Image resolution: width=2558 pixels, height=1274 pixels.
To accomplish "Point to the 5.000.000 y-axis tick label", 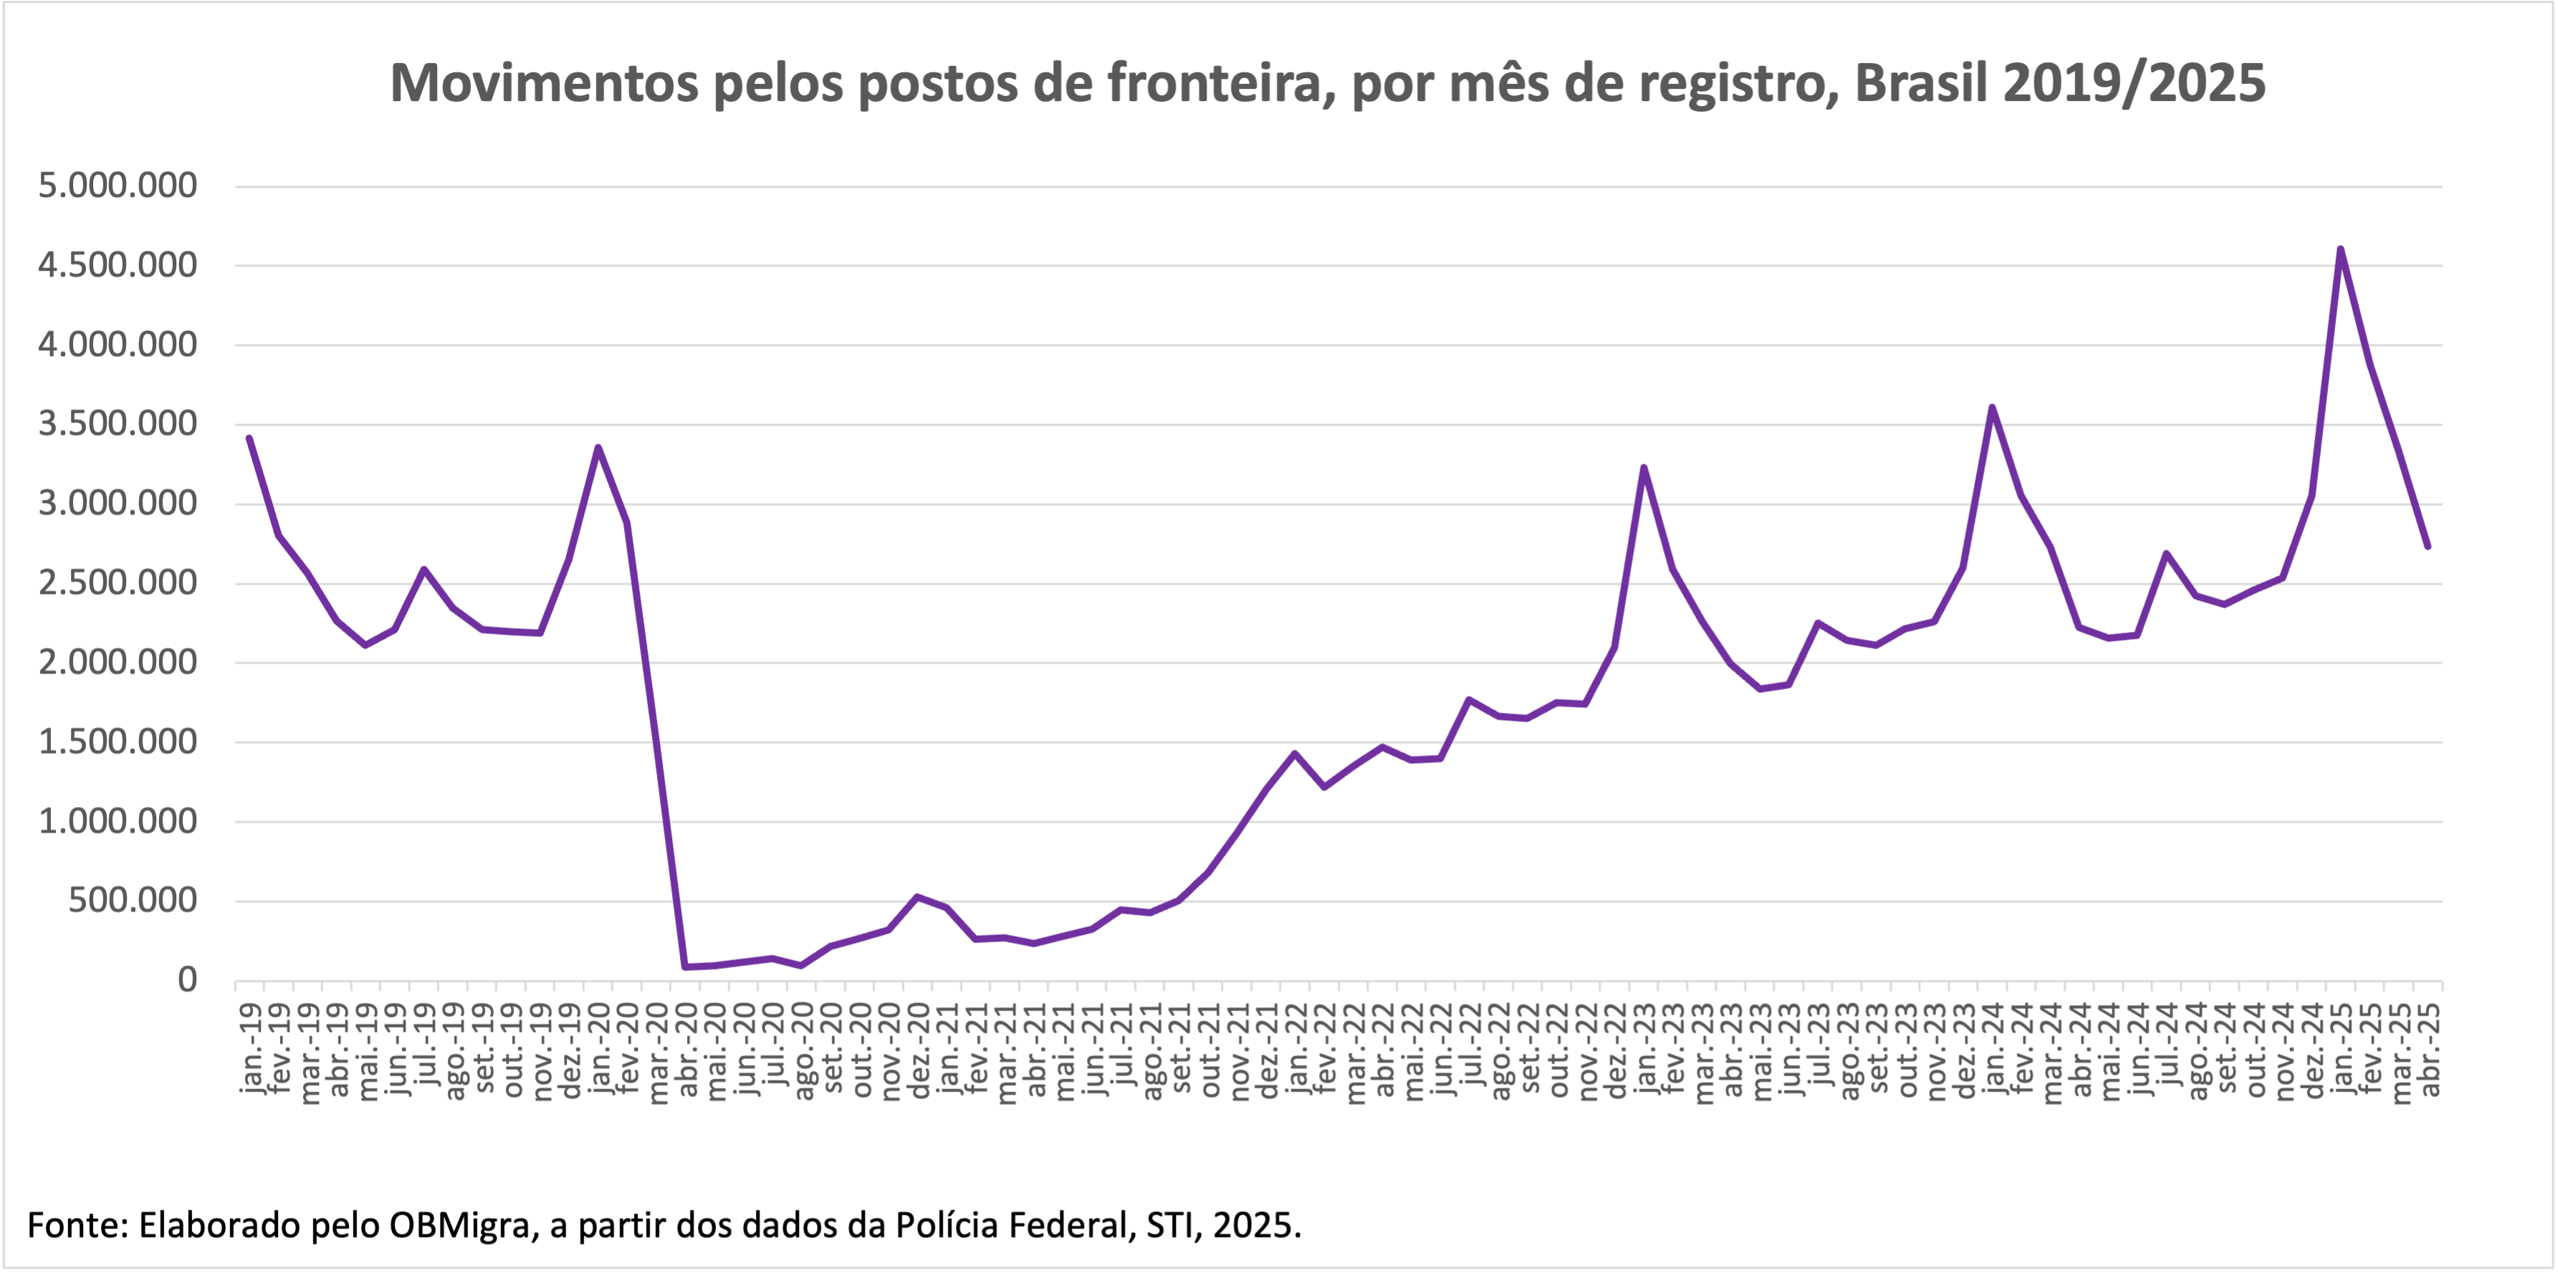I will coord(118,186).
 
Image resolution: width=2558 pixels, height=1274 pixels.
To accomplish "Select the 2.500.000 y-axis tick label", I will coord(118,583).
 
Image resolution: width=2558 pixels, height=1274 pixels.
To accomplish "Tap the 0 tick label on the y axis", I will coord(187,980).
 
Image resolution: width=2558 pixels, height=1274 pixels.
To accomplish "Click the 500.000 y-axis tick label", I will coord(132,901).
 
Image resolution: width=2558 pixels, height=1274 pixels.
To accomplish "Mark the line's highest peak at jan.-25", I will coord(2340,249).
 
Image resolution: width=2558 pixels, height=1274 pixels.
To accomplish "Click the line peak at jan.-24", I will coord(1992,407).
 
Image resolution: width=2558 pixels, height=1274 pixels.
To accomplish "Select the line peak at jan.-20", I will coord(598,448).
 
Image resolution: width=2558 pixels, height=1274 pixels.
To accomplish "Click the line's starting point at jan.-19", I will coord(249,438).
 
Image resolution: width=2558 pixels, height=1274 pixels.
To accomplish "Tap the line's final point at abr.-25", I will coord(2427,546).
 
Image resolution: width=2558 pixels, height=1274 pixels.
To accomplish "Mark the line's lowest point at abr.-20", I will coord(685,966).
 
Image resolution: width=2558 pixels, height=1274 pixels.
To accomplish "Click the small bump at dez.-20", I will coord(916,896).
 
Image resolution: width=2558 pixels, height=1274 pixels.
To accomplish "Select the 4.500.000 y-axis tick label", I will coord(118,265).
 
